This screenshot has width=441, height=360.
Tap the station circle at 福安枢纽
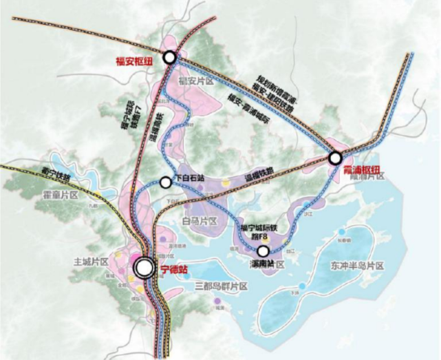(x=169, y=59)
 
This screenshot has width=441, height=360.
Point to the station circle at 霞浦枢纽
(x=334, y=158)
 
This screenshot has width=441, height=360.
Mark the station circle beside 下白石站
(x=166, y=182)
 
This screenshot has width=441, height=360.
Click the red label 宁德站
(x=173, y=269)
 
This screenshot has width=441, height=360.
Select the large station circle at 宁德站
(x=144, y=268)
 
